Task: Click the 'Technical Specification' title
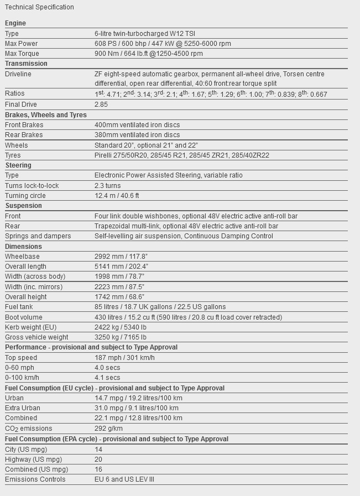(x=39, y=7)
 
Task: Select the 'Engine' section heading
(x=15, y=23)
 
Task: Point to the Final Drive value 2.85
(x=101, y=105)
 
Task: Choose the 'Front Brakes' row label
(x=24, y=125)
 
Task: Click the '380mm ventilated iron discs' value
(x=137, y=135)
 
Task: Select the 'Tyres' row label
(x=13, y=155)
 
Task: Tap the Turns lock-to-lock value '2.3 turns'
(x=107, y=186)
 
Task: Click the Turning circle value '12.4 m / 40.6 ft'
(x=117, y=196)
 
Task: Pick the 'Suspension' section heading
(x=24, y=206)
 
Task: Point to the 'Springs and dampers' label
(x=38, y=236)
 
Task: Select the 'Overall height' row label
(x=26, y=297)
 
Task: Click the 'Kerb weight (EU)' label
(x=31, y=327)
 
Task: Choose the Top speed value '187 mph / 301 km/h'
(x=124, y=358)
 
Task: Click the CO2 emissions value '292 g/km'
(x=108, y=429)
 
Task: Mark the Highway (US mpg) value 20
(x=98, y=460)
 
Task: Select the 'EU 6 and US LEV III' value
(x=124, y=479)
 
